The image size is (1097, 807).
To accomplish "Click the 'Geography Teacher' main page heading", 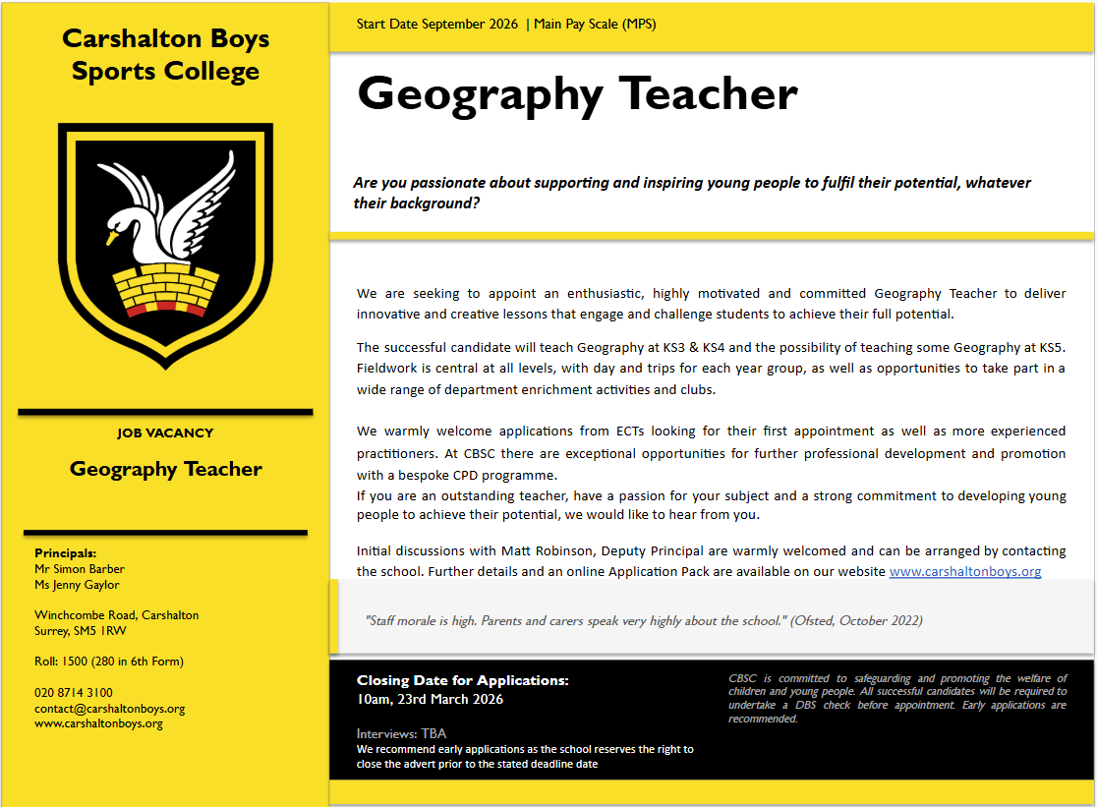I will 577,94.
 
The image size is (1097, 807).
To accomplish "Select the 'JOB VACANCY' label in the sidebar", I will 165,432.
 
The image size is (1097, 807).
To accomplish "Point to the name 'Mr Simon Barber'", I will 80,568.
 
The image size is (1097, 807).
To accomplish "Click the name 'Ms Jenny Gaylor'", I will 77,585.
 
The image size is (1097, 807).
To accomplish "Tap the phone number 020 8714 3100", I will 74,693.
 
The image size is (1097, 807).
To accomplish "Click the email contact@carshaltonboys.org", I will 109,708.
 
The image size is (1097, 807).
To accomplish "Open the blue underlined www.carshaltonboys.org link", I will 964,571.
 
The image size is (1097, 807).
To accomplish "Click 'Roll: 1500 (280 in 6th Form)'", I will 109,662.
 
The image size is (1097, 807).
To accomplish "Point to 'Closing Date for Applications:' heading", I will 462,680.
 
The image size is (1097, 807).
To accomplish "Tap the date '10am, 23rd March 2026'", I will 430,700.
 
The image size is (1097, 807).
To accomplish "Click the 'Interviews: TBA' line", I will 401,733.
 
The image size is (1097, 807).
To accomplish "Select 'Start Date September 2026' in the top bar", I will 437,25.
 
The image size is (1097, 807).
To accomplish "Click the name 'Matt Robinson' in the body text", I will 539,551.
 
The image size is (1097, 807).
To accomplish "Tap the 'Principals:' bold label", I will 66,553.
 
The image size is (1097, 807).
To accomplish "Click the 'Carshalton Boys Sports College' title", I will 165,55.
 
